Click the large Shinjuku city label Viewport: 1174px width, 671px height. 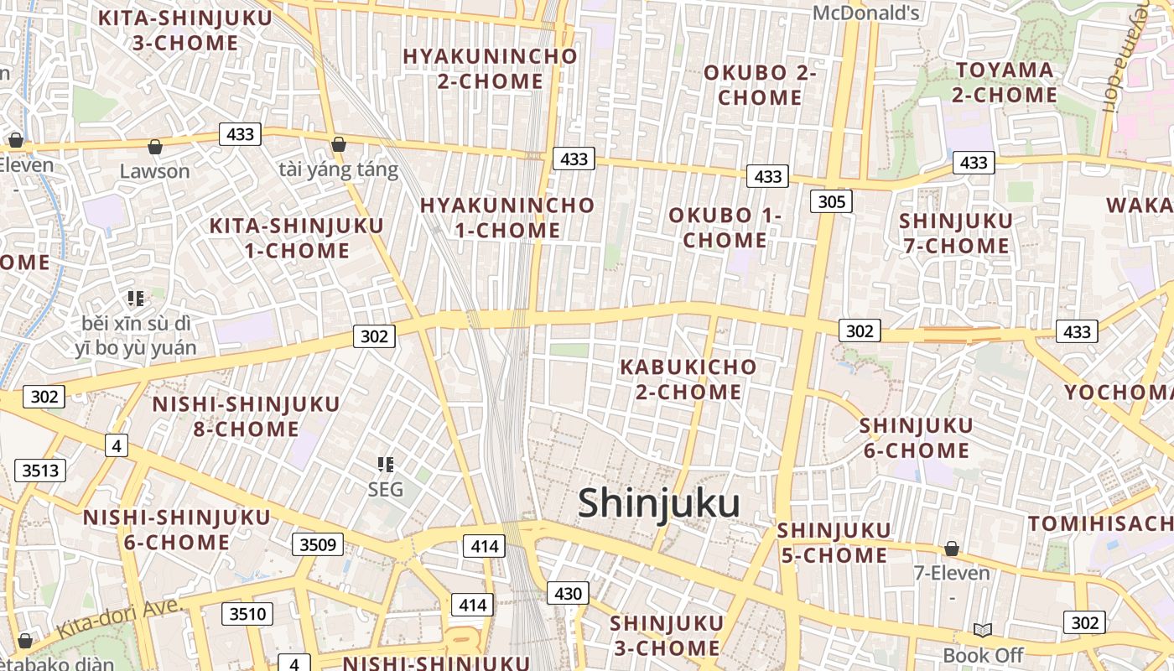[x=658, y=503]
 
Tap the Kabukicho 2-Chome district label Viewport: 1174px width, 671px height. [x=688, y=379]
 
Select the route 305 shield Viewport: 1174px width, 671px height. [x=831, y=201]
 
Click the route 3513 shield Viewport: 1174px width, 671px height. [x=40, y=470]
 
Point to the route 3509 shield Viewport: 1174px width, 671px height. [x=318, y=544]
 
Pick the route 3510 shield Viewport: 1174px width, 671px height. [x=247, y=614]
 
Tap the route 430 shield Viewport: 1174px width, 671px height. [x=568, y=593]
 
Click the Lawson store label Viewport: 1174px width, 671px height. [x=154, y=171]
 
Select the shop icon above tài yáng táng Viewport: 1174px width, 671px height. [x=339, y=145]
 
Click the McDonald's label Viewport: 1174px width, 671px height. [x=866, y=13]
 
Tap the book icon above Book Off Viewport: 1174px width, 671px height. [x=983, y=630]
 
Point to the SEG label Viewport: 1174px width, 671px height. [x=386, y=489]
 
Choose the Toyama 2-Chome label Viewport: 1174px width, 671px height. [x=1005, y=82]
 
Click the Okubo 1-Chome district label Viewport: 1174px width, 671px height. [x=725, y=227]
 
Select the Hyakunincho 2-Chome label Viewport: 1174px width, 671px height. [x=491, y=68]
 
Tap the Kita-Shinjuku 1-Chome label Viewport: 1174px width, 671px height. [x=296, y=237]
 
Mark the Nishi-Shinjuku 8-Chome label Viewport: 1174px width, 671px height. [x=246, y=416]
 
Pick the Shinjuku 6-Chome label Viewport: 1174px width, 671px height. [x=916, y=438]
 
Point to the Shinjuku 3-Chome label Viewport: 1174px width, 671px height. [x=666, y=635]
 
